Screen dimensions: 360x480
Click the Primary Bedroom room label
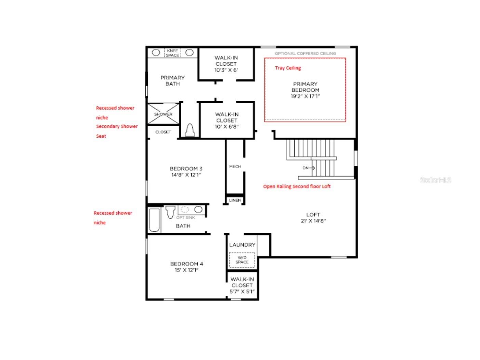[305, 90]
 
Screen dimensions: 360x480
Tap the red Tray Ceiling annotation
[288, 68]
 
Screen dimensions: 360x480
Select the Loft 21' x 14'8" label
[313, 217]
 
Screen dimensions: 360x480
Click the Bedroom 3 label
[186, 172]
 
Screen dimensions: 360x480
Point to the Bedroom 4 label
[186, 267]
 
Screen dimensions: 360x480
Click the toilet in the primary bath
[189, 130]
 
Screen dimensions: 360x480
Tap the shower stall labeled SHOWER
[163, 114]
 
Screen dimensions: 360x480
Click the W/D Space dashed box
[242, 260]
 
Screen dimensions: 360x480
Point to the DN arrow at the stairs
[308, 168]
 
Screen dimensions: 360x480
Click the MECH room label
[235, 166]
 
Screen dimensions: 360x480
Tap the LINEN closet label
[235, 200]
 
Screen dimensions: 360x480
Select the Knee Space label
[172, 53]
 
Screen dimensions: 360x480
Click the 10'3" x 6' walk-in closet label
[226, 64]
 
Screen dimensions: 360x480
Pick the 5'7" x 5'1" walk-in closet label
[242, 285]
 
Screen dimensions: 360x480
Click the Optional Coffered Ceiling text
[305, 53]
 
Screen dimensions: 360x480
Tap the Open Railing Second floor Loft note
[297, 186]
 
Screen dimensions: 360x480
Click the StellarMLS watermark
[435, 180]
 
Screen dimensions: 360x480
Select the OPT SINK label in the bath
[186, 217]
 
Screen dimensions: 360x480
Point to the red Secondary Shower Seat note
[117, 131]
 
